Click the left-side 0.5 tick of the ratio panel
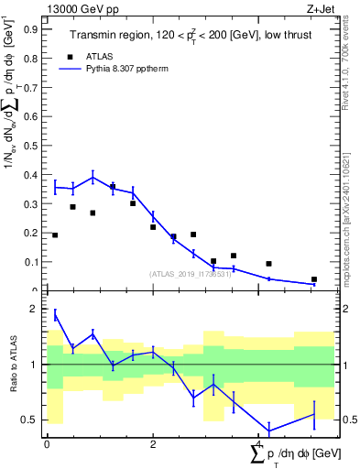coord(33,420)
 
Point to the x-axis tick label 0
coord(47,443)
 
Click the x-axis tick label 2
coord(153,443)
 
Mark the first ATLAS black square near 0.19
coord(55,235)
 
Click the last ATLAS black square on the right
coord(314,279)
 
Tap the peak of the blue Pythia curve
coord(93,178)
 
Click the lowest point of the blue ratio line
coord(269,431)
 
